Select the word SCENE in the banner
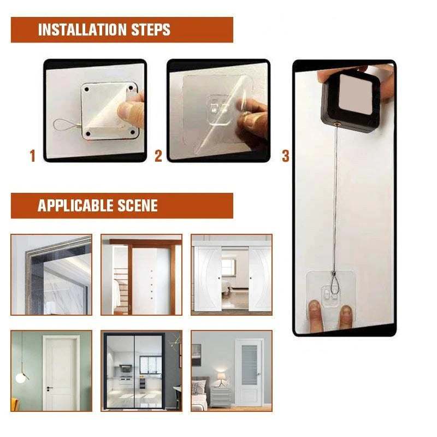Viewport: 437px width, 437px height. click(x=137, y=206)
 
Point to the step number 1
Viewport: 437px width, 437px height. click(x=32, y=157)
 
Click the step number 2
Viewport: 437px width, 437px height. click(x=158, y=157)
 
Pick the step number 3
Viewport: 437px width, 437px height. click(x=285, y=157)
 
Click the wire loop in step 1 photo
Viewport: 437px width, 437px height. click(x=66, y=126)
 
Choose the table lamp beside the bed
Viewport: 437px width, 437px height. click(x=221, y=377)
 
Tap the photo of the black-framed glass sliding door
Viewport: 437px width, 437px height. click(x=141, y=371)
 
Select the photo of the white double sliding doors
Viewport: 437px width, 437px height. click(x=231, y=275)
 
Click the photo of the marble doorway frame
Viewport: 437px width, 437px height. click(x=51, y=275)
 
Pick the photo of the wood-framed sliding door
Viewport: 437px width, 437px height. click(x=141, y=275)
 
